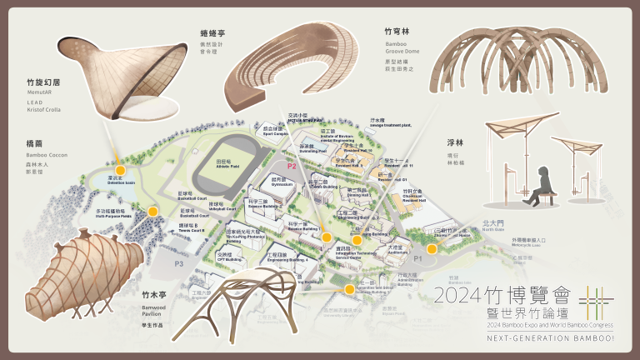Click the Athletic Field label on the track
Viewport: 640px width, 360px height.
[223, 166]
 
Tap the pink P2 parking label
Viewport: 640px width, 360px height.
[292, 167]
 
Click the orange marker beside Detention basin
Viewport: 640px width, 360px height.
[120, 171]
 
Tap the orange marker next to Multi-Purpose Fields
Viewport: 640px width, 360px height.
[152, 212]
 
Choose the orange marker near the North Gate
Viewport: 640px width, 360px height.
[432, 247]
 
